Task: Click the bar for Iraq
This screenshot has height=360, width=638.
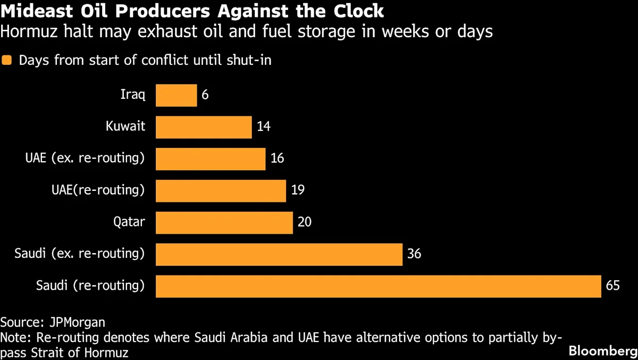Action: click(176, 95)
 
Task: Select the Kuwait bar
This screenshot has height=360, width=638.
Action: click(204, 127)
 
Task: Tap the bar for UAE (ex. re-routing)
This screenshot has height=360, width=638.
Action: click(211, 159)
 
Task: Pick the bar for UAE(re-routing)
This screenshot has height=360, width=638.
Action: click(221, 190)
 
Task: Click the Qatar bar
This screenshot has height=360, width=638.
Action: click(224, 222)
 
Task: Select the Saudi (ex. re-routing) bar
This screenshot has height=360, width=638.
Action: click(279, 254)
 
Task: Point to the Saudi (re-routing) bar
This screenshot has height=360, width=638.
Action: click(378, 286)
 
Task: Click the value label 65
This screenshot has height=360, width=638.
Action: click(612, 286)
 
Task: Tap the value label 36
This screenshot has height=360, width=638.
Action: click(414, 254)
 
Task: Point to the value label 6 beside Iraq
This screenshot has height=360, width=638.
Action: click(205, 95)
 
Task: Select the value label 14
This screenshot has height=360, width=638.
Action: click(263, 127)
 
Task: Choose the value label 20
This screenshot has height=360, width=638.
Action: click(305, 222)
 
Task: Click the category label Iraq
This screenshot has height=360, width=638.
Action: click(133, 95)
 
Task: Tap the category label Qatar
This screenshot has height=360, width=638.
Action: click(129, 222)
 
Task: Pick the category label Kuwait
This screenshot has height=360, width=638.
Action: click(125, 127)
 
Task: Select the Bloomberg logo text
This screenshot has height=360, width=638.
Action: click(602, 351)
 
